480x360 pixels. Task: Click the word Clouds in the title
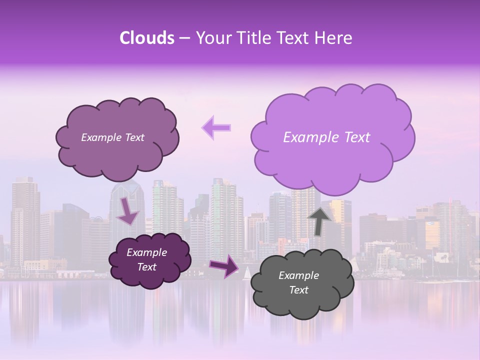[146, 38]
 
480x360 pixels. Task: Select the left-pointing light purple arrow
[216, 128]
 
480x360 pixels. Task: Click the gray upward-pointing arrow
[319, 220]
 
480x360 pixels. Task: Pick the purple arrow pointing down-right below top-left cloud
[127, 210]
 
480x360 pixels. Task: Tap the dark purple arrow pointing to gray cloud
[224, 266]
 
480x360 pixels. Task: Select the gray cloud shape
[302, 283]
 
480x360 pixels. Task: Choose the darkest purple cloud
[149, 260]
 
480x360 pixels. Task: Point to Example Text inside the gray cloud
[298, 283]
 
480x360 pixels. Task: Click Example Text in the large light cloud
[326, 137]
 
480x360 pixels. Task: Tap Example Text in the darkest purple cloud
[146, 260]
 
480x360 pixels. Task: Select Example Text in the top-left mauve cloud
[112, 137]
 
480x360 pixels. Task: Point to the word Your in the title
[212, 38]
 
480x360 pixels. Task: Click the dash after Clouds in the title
[184, 38]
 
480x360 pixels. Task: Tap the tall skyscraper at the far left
[25, 220]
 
